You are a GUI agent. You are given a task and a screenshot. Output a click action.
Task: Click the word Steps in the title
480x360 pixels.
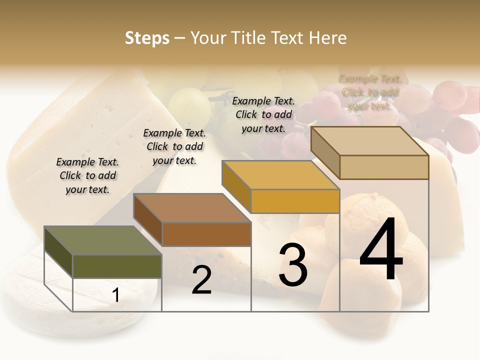point(147,38)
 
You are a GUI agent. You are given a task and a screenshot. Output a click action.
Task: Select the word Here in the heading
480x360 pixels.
point(327,38)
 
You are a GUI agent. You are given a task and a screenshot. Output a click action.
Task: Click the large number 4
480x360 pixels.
point(381,250)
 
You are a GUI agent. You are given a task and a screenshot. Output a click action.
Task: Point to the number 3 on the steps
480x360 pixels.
point(293,265)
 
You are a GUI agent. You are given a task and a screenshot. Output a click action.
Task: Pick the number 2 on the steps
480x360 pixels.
point(201,280)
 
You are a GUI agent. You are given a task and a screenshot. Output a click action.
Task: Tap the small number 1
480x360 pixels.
point(116,295)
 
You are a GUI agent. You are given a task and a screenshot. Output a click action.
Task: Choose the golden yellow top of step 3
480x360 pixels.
point(280,175)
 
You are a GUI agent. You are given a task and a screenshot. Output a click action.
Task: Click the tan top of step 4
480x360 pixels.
point(369,141)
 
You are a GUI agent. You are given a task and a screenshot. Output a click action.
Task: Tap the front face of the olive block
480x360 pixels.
point(117,266)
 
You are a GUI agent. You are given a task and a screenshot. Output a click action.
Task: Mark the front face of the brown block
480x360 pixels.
point(206,234)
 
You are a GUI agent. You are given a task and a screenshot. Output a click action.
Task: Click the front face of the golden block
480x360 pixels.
point(295,201)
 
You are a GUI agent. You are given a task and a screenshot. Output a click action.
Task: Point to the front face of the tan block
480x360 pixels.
point(384,167)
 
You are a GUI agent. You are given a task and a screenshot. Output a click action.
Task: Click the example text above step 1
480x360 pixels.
point(87,175)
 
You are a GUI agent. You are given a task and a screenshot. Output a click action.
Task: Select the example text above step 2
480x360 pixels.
point(174,146)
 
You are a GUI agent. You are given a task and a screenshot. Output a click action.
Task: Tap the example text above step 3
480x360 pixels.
point(263,114)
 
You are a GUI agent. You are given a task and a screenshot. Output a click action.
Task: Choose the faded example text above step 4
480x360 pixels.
point(370,92)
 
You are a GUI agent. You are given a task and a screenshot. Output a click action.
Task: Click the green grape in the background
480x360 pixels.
point(189,105)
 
